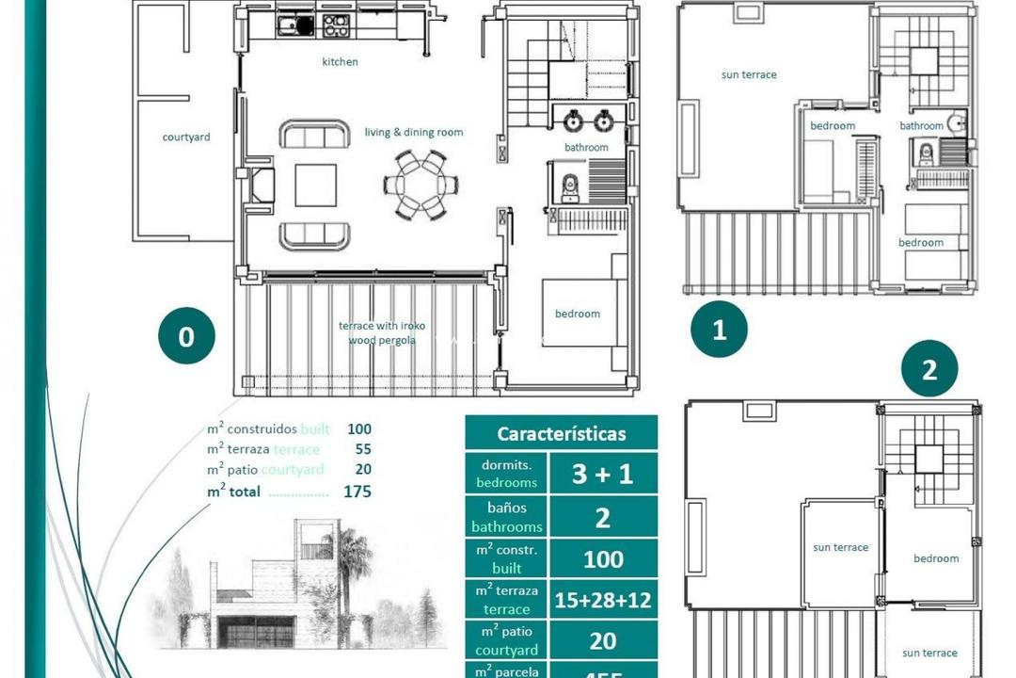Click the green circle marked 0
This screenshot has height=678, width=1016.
coord(186,336)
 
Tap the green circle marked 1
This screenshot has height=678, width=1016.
coord(720,330)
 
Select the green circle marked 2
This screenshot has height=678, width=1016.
coord(929,369)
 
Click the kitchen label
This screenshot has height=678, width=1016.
coord(340,62)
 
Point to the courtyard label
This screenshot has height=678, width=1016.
coord(186,137)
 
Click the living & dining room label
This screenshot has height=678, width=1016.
coord(414,133)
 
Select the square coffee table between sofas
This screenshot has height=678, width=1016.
coord(315,186)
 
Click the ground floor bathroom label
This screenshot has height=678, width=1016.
coord(586,148)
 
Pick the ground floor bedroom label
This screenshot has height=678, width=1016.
coord(577,314)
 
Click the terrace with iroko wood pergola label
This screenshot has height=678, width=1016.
coord(382,332)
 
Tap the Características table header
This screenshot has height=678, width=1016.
coord(561,434)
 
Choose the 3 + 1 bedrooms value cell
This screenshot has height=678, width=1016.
coord(603,474)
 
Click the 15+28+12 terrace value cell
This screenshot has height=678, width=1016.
coord(603,600)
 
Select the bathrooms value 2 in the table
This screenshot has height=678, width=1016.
coord(603,517)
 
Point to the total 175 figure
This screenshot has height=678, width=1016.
coord(357,492)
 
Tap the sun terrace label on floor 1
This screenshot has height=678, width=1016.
coord(749,74)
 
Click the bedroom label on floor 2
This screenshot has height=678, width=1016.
coord(936,558)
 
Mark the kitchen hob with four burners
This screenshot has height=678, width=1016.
coord(336,25)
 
